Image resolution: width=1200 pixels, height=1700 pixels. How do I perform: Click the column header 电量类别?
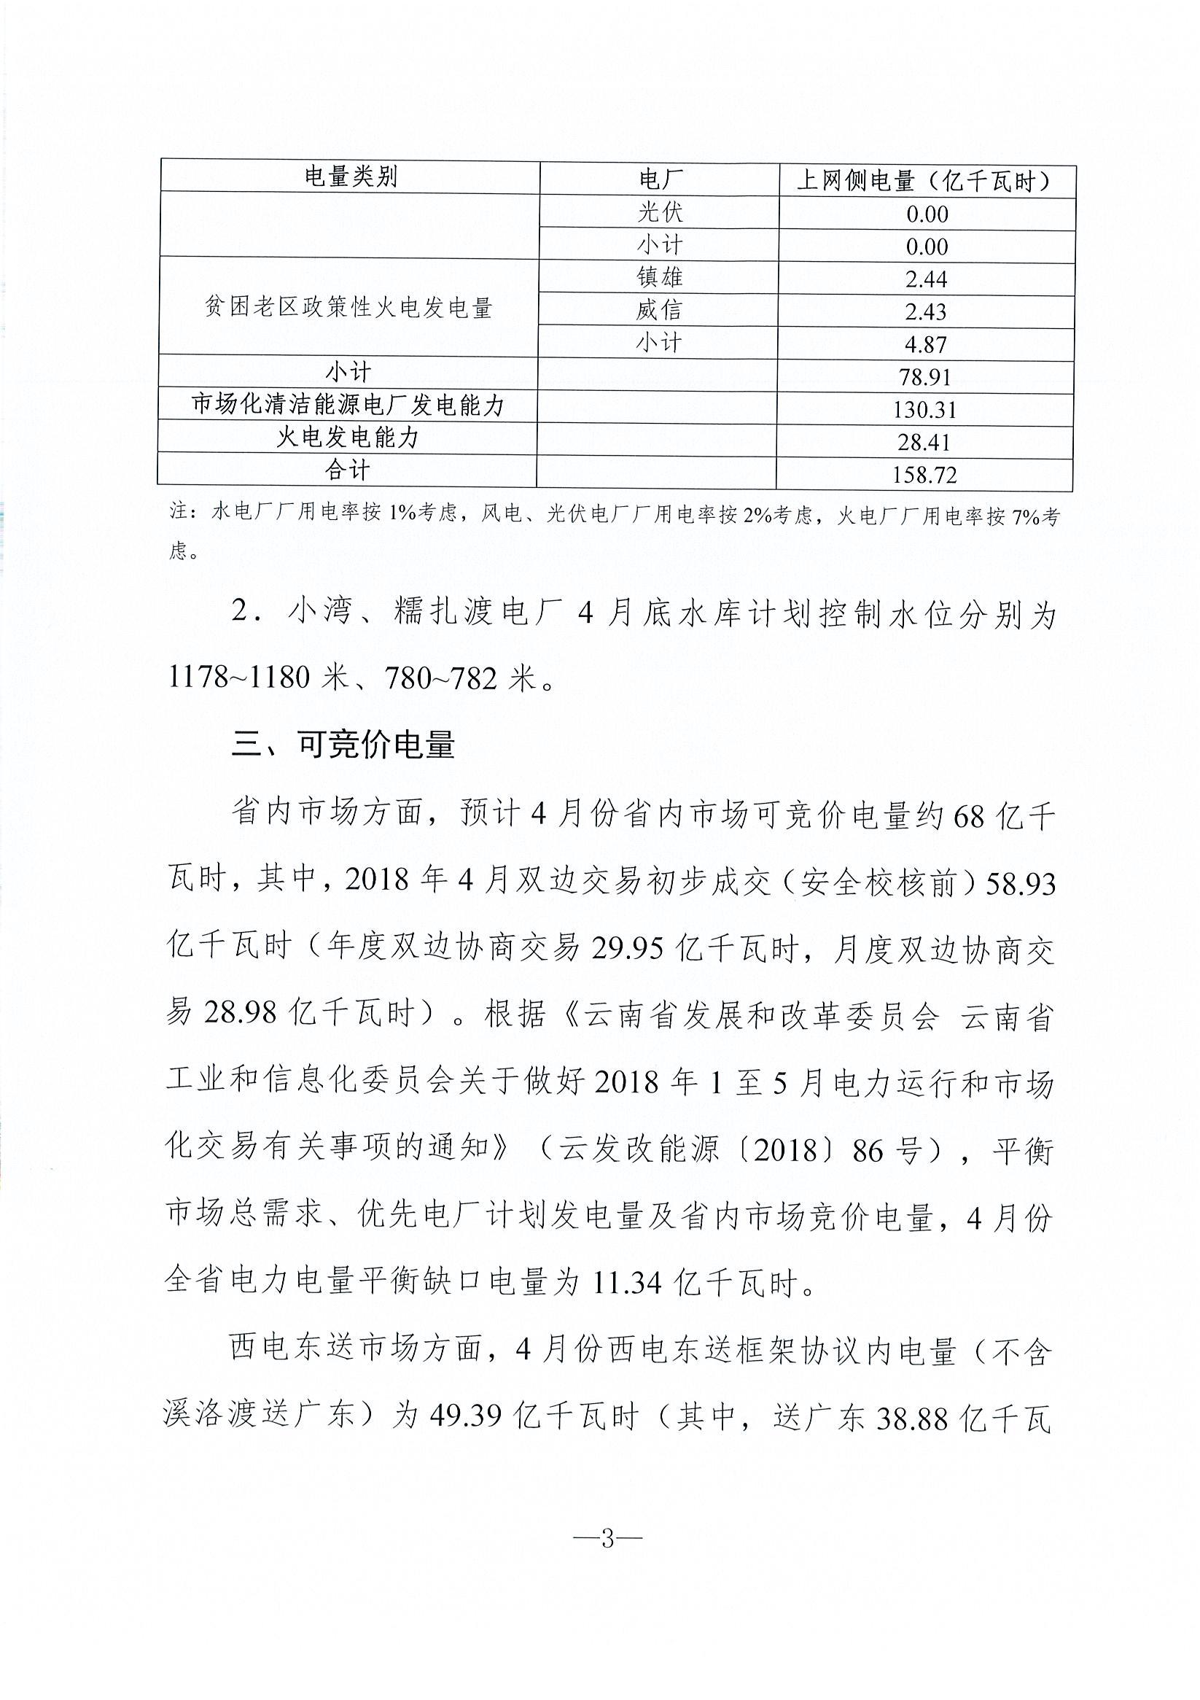350,177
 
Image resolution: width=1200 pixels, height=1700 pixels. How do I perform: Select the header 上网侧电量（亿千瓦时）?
925,182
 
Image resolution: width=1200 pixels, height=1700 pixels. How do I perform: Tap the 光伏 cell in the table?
659,212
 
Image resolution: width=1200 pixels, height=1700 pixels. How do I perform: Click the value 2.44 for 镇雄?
926,279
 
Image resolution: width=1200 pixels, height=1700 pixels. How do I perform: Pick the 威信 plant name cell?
659,310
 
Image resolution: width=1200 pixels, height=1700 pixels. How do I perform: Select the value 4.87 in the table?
925,344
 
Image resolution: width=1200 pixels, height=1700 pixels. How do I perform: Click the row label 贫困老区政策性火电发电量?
348,307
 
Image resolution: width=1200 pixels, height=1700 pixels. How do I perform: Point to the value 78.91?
924,378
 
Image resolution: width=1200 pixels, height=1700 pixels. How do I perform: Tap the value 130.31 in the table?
924,409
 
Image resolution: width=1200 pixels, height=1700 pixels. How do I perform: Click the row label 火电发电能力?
348,438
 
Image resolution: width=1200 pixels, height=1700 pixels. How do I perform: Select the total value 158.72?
924,475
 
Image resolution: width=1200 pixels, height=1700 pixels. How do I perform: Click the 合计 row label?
348,470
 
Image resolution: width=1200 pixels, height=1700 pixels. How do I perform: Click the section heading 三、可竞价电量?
343,745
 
